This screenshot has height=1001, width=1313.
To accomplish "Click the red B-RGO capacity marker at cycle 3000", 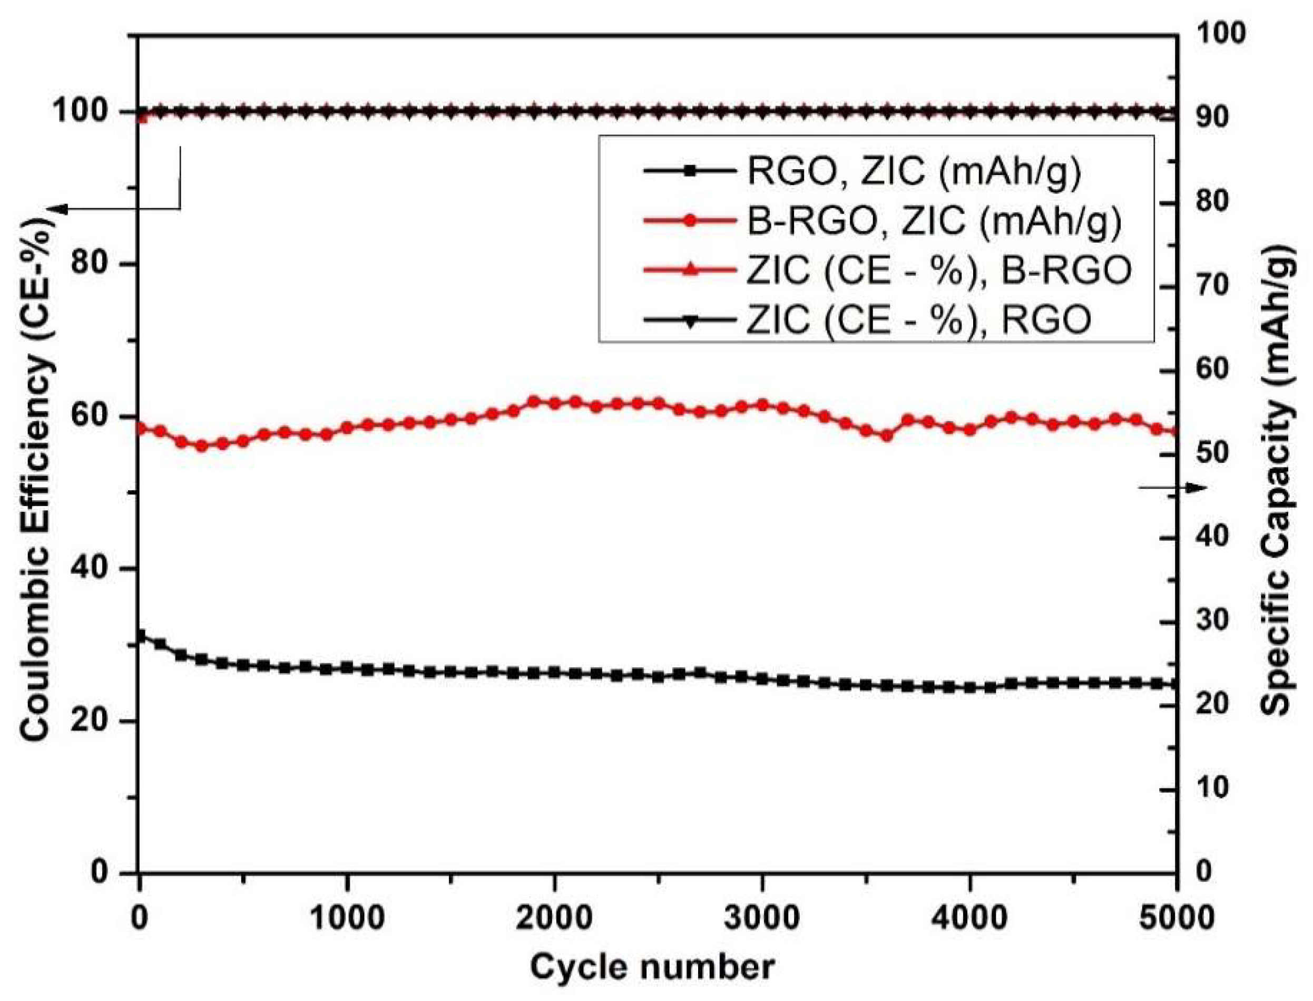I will point(763,405).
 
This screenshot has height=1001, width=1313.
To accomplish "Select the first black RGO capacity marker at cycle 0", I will point(141,636).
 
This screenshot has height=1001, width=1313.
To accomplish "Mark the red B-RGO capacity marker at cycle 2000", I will point(555,403).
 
